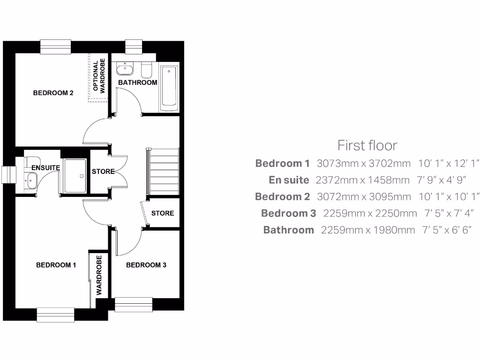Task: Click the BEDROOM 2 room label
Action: pyautogui.click(x=53, y=93)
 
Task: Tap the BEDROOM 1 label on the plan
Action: pyautogui.click(x=56, y=265)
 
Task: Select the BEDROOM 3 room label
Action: pyautogui.click(x=146, y=265)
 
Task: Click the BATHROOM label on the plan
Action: pyautogui.click(x=137, y=82)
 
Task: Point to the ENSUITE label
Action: pyautogui.click(x=45, y=167)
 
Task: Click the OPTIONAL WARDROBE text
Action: pyautogui.click(x=99, y=75)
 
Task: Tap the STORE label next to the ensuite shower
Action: pyautogui.click(x=103, y=172)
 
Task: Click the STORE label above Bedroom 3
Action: pyautogui.click(x=163, y=213)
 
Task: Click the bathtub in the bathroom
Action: pyautogui.click(x=169, y=88)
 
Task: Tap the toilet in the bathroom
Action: pyautogui.click(x=146, y=70)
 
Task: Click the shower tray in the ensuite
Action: pyautogui.click(x=75, y=176)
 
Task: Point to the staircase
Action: pyautogui.click(x=164, y=171)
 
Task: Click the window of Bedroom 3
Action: pyautogui.click(x=134, y=304)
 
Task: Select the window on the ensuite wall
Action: pyautogui.click(x=8, y=174)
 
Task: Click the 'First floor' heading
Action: pyautogui.click(x=367, y=145)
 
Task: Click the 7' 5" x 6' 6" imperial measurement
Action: pyautogui.click(x=447, y=230)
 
